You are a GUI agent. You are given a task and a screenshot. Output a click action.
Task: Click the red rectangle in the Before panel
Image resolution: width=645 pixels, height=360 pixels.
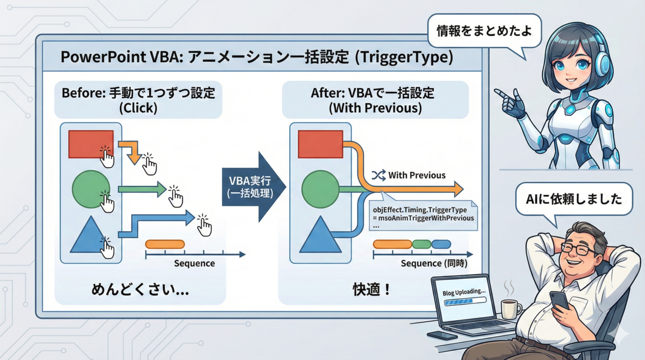pos(91,144)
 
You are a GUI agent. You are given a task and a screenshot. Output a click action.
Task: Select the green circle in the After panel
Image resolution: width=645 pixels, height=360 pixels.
pos(320,189)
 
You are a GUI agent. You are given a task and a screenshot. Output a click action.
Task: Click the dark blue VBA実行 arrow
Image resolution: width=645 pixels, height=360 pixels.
pos(254,187)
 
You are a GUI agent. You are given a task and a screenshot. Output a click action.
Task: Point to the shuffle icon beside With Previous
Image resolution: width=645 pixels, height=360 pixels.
pos(378,175)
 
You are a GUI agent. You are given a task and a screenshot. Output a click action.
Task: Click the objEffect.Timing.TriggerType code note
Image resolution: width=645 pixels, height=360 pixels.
pos(423,215)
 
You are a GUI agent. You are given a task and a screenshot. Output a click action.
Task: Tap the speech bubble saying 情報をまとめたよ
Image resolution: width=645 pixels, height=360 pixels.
pos(484,31)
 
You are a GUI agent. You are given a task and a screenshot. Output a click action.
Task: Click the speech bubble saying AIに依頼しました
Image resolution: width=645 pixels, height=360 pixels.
pos(574,199)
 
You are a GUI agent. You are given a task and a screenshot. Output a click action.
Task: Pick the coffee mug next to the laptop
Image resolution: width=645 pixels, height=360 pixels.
pos(511,309)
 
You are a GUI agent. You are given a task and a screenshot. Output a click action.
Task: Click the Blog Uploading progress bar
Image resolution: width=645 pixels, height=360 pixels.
pos(465,301)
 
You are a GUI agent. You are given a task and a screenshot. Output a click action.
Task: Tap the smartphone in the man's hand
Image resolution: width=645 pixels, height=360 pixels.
pos(559,300)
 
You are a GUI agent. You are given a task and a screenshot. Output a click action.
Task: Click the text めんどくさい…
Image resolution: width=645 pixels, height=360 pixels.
pos(140,289)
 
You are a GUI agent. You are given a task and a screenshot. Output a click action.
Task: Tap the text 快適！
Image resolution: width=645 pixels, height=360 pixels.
pos(371,289)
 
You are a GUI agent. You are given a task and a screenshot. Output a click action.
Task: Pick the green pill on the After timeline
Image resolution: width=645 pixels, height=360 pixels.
pos(421,244)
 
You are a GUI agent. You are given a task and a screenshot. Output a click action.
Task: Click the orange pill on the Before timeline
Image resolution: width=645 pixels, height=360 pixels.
pos(165,244)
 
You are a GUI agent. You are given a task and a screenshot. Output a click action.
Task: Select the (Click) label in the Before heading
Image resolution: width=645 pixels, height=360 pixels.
pos(138,108)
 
